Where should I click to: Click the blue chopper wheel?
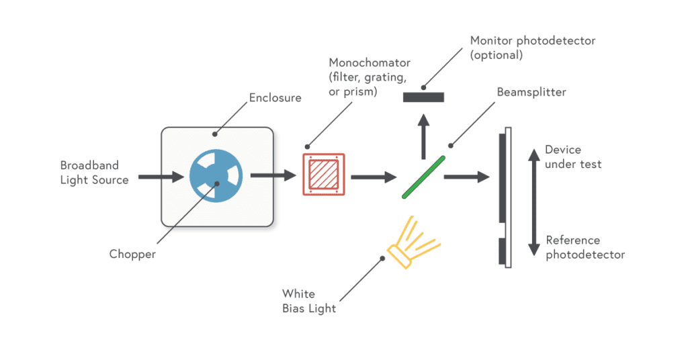point(216,175)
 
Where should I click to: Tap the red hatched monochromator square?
point(324,175)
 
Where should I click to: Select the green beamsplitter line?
point(423,177)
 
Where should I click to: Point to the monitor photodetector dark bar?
point(423,97)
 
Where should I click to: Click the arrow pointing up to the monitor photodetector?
point(423,136)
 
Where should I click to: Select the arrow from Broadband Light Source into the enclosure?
point(161,177)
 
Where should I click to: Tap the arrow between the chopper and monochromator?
point(273,175)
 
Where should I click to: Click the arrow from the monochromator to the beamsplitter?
point(374,177)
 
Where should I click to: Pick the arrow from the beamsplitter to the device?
point(467,177)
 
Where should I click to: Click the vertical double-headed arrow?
point(534,202)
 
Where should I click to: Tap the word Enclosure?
point(275,98)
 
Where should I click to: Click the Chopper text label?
point(132,255)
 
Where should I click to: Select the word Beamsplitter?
point(531,92)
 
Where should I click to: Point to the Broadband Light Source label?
point(94,173)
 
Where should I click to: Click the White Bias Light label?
point(309,301)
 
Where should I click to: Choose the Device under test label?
point(573,156)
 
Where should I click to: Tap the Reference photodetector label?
point(585,247)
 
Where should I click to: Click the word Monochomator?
point(370,62)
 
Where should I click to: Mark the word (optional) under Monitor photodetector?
point(497,55)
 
